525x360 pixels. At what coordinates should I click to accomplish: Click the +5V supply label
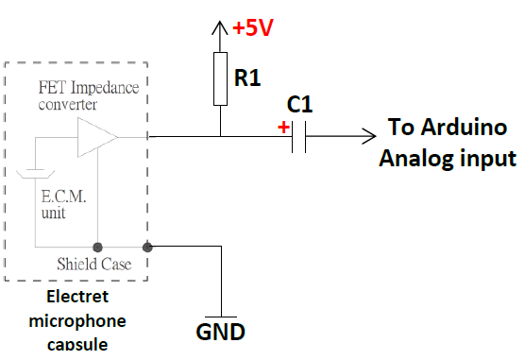pyautogui.click(x=253, y=28)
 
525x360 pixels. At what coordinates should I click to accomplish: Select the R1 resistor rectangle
pyautogui.click(x=219, y=79)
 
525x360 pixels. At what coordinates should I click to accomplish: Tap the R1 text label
pyautogui.click(x=247, y=77)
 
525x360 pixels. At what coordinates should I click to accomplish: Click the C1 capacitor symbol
pyautogui.click(x=299, y=137)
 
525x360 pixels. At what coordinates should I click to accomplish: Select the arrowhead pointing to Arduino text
pyautogui.click(x=367, y=137)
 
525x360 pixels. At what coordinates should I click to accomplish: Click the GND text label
pyautogui.click(x=220, y=332)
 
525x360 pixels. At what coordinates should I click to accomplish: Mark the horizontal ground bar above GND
pyautogui.click(x=220, y=317)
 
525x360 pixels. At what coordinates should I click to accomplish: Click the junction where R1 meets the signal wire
pyautogui.click(x=219, y=137)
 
